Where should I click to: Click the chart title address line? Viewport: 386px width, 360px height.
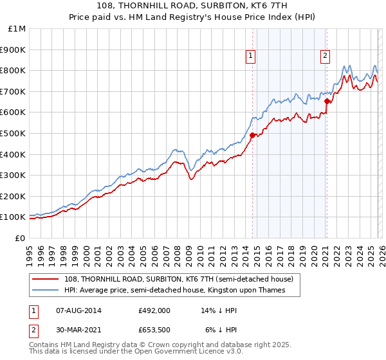[193, 6]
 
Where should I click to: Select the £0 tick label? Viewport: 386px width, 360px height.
[21, 238]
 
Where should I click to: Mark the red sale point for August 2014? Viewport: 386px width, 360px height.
[252, 135]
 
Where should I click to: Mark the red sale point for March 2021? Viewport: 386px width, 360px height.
[327, 101]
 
